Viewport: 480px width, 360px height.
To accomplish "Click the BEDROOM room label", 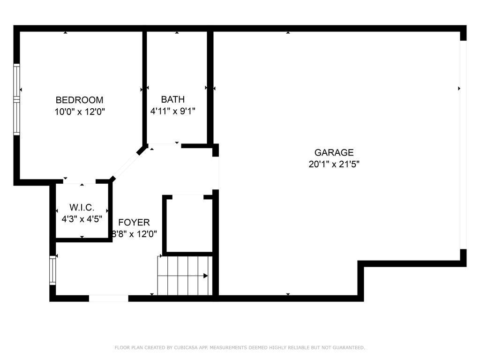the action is pyautogui.click(x=79, y=100).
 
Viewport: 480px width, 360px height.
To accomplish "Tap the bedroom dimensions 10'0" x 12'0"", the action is pyautogui.click(x=80, y=112).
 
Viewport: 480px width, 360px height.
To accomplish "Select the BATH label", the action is pyautogui.click(x=172, y=99).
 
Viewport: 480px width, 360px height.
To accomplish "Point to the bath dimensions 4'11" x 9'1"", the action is pyautogui.click(x=172, y=111).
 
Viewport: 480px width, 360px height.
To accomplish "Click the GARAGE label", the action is pyautogui.click(x=334, y=152).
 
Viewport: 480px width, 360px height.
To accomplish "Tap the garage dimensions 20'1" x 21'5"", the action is pyautogui.click(x=334, y=164).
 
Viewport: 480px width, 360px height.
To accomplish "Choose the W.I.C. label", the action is pyautogui.click(x=82, y=207).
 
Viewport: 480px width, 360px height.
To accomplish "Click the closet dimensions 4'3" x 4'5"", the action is pyautogui.click(x=82, y=219).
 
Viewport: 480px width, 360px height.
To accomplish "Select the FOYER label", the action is pyautogui.click(x=134, y=222).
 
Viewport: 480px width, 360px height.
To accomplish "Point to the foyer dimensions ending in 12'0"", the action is pyautogui.click(x=134, y=234).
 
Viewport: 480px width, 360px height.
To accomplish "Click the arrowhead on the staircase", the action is pyautogui.click(x=206, y=276).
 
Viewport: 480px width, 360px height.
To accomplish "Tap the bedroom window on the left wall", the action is pyautogui.click(x=16, y=99).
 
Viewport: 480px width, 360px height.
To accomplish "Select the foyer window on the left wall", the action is pyautogui.click(x=52, y=270).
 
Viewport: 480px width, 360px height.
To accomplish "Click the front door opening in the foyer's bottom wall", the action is pyautogui.click(x=109, y=299).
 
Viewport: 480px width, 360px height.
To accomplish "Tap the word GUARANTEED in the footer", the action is pyautogui.click(x=349, y=347).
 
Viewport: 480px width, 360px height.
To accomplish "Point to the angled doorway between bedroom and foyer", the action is pyautogui.click(x=126, y=165).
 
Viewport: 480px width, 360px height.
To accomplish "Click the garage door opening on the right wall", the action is pyautogui.click(x=463, y=145).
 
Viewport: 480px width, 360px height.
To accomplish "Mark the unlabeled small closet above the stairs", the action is pyautogui.click(x=187, y=225).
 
